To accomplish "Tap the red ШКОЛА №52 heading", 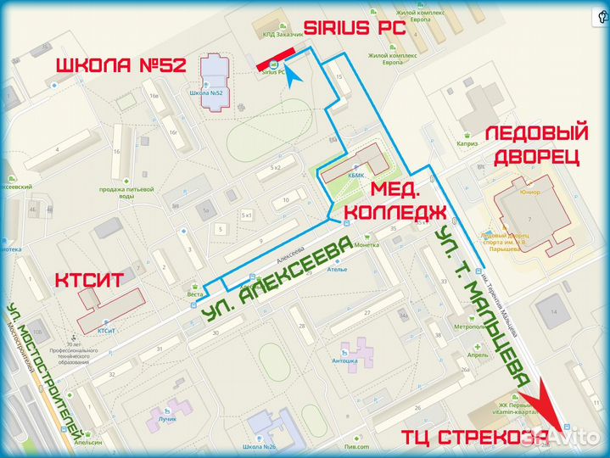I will click(x=120, y=66).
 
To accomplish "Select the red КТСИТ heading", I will click(x=90, y=282).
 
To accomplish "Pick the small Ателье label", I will click(x=339, y=270).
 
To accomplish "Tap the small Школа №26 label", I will click(x=266, y=447).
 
